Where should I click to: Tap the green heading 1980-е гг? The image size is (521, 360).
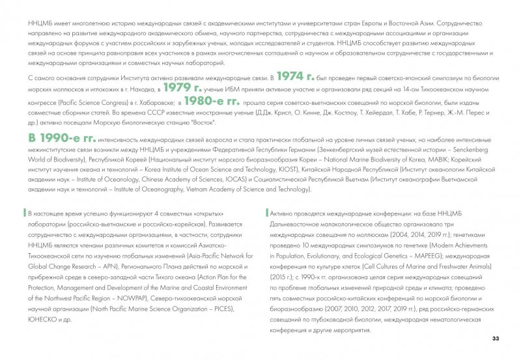[x=212, y=102]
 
